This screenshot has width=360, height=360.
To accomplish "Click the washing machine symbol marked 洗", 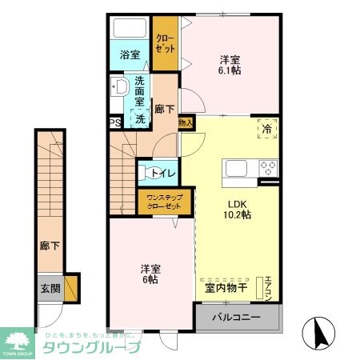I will click(x=140, y=118).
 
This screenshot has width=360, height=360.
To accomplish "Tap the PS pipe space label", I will click(x=114, y=123).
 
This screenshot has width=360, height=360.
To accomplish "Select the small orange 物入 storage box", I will click(x=185, y=123).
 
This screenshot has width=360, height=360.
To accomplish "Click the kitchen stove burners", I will click(x=267, y=168).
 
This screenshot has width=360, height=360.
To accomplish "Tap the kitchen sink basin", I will click(x=238, y=168).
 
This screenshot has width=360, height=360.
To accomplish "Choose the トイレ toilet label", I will click(x=156, y=171).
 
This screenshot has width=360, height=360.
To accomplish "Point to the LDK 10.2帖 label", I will click(x=237, y=208).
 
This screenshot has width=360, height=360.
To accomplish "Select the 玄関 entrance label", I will click(x=49, y=287).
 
